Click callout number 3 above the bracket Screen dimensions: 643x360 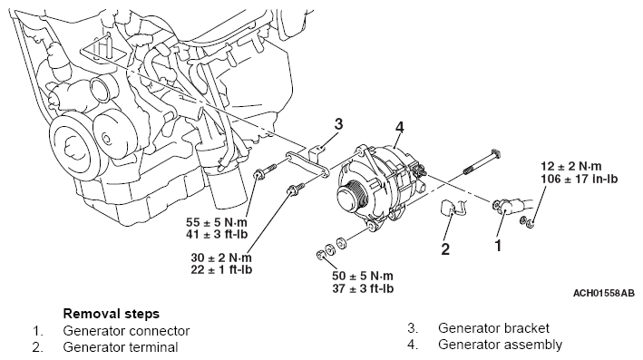click(x=338, y=124)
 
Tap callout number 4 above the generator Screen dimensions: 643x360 click(x=399, y=128)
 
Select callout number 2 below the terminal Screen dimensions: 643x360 click(x=446, y=248)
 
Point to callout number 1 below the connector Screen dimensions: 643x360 click(x=498, y=246)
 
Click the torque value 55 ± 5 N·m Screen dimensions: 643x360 click(x=217, y=222)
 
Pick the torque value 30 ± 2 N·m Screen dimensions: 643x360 click(x=221, y=258)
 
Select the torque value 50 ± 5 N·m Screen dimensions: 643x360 click(x=363, y=276)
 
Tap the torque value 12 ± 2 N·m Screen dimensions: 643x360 click(x=571, y=166)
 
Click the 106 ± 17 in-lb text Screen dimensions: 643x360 click(x=579, y=179)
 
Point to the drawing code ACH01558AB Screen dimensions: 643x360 click(x=604, y=294)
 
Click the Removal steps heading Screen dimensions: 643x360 click(x=112, y=314)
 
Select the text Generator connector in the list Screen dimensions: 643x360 click(x=126, y=331)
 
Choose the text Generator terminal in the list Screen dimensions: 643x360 click(x=121, y=347)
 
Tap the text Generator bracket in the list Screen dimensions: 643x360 click(x=493, y=328)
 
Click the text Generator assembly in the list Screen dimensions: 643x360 click(x=501, y=345)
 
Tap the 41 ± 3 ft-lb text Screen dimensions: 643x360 click(x=217, y=235)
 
